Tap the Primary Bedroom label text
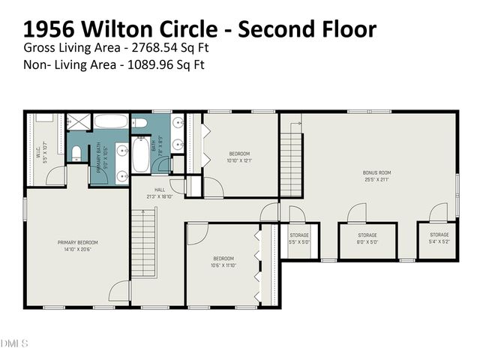pos(78,245)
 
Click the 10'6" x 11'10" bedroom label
pos(223,261)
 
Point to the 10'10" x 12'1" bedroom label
pos(241,156)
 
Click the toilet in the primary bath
pos(76,154)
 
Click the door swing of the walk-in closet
pos(54,176)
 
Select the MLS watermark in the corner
pos(14,343)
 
